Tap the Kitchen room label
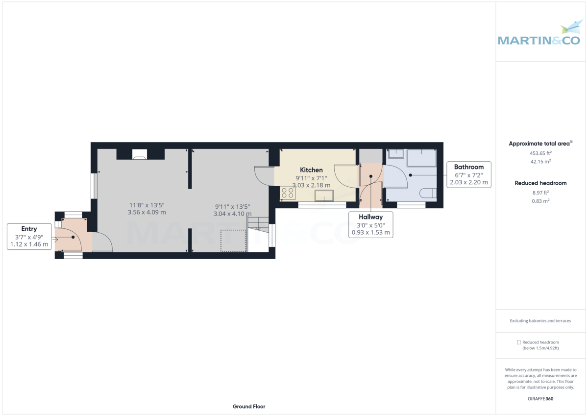[x=311, y=170]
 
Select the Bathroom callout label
[x=468, y=167]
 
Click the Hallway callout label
[x=370, y=217]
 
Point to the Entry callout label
[x=29, y=229]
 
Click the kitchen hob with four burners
[x=288, y=193]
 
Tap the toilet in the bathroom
[x=429, y=193]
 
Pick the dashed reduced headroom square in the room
[x=233, y=240]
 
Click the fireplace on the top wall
[x=140, y=155]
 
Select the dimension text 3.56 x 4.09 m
[x=147, y=213]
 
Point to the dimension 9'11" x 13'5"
[x=232, y=206]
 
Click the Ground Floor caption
[x=249, y=407]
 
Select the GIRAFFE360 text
[x=540, y=399]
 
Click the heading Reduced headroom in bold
[x=540, y=183]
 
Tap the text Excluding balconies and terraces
[x=540, y=321]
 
